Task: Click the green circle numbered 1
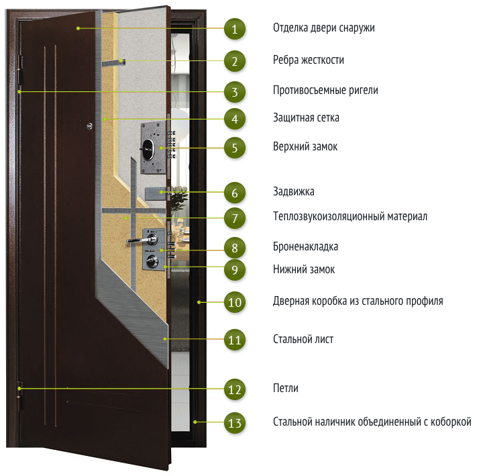235,29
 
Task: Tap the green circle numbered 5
235,148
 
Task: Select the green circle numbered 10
235,302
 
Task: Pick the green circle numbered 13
235,423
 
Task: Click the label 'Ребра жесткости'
309,60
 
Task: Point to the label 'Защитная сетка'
306,117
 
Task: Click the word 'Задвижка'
294,191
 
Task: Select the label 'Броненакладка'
305,246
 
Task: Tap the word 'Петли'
286,388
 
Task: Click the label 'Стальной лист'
303,339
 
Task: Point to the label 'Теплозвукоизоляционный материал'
350,216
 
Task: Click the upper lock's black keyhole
148,150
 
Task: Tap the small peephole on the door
90,126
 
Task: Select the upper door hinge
20,70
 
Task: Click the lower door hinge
20,396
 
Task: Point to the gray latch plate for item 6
156,193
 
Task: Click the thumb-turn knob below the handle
152,260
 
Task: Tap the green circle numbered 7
235,218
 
